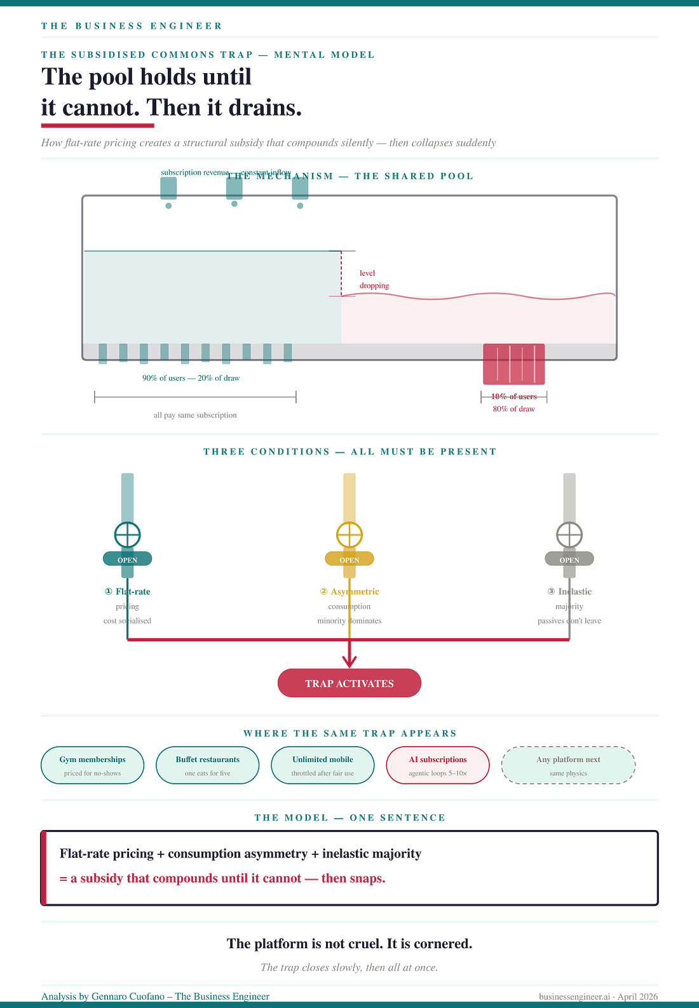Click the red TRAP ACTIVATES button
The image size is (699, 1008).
click(x=349, y=683)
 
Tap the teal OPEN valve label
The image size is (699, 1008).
click(x=127, y=560)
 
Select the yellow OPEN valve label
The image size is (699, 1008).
click(x=349, y=560)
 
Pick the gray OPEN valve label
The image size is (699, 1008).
click(x=569, y=560)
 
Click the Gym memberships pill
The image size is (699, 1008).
click(x=93, y=765)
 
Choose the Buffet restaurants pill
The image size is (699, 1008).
click(x=208, y=765)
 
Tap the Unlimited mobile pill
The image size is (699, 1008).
click(x=323, y=765)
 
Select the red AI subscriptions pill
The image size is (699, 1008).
click(x=438, y=765)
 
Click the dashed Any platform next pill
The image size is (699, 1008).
click(x=568, y=765)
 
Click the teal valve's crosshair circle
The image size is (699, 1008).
click(x=127, y=535)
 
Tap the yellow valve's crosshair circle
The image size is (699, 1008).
click(x=349, y=535)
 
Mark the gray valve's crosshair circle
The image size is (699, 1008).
click(x=569, y=535)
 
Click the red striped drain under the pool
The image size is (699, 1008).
click(x=513, y=365)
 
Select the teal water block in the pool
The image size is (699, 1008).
click(x=212, y=296)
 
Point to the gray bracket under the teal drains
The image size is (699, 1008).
click(x=195, y=398)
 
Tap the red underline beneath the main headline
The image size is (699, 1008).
click(x=97, y=126)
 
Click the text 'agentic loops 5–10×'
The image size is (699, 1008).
click(x=438, y=773)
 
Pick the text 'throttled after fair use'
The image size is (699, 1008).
click(x=323, y=773)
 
